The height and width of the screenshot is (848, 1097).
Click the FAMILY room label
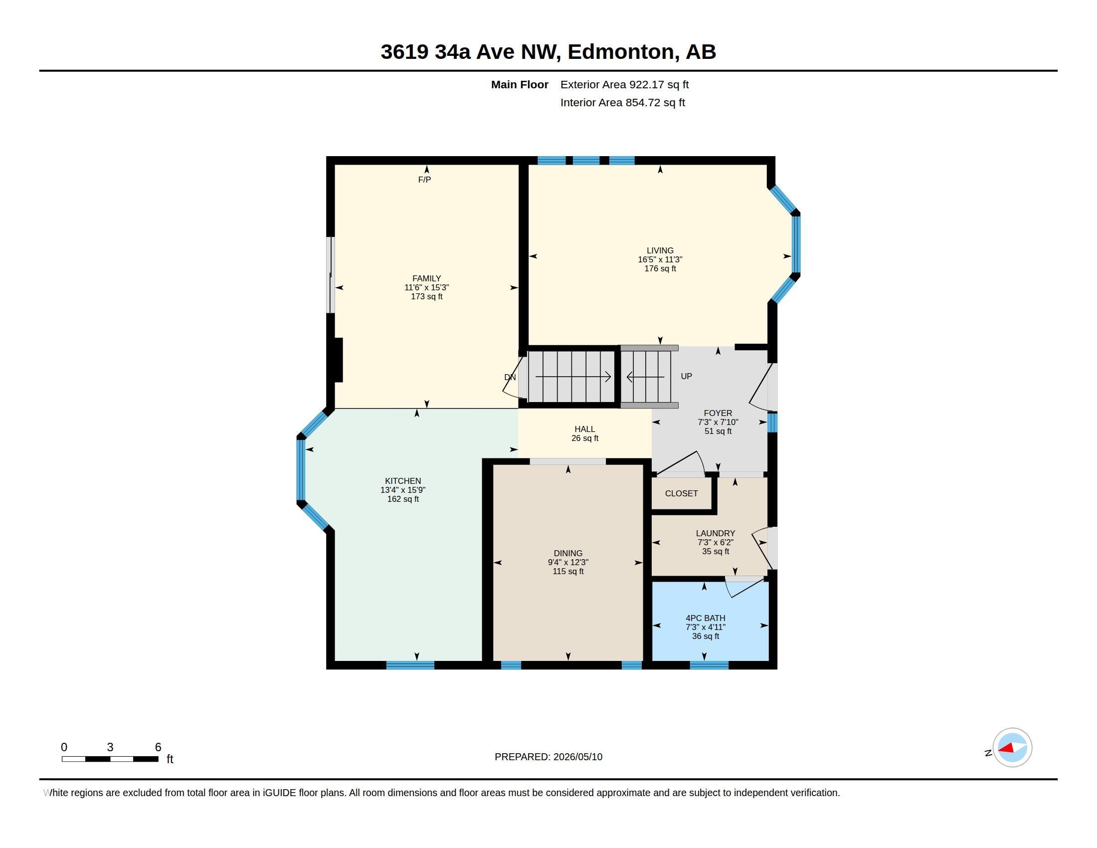pyautogui.click(x=426, y=278)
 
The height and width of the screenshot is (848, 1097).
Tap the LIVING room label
pyautogui.click(x=660, y=250)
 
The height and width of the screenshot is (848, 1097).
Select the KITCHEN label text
pyautogui.click(x=403, y=481)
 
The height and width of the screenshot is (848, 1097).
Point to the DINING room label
pyautogui.click(x=568, y=553)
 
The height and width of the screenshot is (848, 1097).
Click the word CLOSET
pyautogui.click(x=681, y=493)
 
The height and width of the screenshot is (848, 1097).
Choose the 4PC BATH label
pyautogui.click(x=705, y=618)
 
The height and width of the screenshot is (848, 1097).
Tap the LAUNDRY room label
pyautogui.click(x=715, y=533)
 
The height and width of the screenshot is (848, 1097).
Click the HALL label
pyautogui.click(x=585, y=429)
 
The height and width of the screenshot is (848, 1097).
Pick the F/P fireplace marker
pyautogui.click(x=424, y=180)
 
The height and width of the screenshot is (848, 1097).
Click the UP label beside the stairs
pyautogui.click(x=686, y=376)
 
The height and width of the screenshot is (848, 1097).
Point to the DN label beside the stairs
pyautogui.click(x=510, y=377)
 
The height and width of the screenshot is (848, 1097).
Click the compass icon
pyautogui.click(x=1012, y=748)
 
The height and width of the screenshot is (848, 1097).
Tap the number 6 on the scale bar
pyautogui.click(x=158, y=747)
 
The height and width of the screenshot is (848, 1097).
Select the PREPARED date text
pyautogui.click(x=548, y=757)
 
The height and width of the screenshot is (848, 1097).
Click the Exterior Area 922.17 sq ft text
pyautogui.click(x=624, y=84)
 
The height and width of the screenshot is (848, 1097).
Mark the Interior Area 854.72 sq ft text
pyautogui.click(x=623, y=102)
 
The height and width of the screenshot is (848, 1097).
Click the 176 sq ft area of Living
pyautogui.click(x=660, y=268)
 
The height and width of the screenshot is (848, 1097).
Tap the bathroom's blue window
pyautogui.click(x=709, y=665)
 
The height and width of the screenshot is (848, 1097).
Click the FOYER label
pyautogui.click(x=718, y=413)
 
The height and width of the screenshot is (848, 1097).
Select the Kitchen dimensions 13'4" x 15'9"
pyautogui.click(x=403, y=490)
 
